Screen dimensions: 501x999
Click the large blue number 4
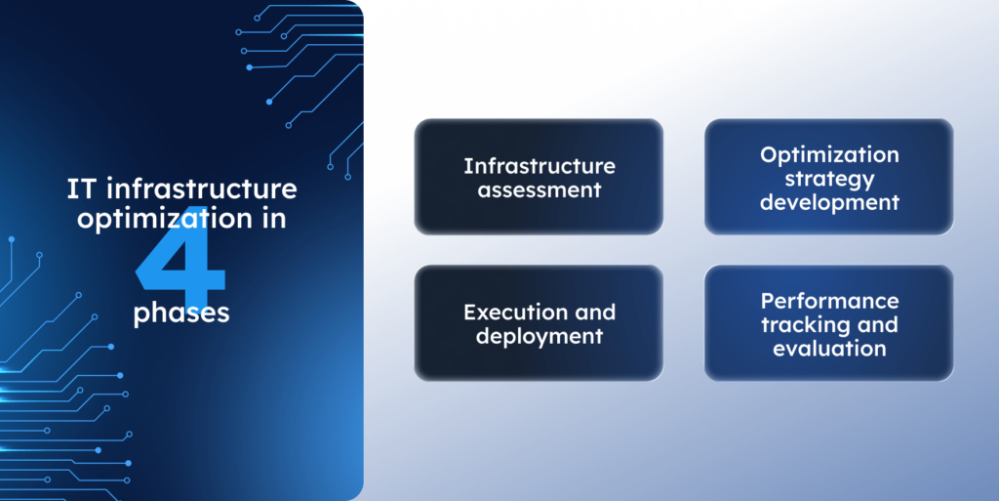[x=180, y=255]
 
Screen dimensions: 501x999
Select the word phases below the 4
[x=180, y=313]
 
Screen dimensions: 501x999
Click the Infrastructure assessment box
[x=539, y=177]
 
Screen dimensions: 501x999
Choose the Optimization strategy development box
[x=828, y=177]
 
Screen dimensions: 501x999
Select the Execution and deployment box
[x=539, y=323]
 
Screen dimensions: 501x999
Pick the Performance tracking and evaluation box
[x=828, y=323]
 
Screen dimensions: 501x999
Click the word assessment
[x=539, y=189]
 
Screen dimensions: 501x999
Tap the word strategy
[x=829, y=179]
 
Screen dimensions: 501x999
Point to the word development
[x=829, y=202]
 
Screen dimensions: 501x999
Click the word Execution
[x=507, y=313]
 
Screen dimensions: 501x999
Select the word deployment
[x=539, y=336]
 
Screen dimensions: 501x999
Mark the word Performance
[x=829, y=301]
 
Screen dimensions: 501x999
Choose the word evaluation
[x=829, y=348]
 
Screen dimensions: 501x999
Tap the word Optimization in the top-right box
[x=829, y=155]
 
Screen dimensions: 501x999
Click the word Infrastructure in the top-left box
[x=539, y=165]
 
